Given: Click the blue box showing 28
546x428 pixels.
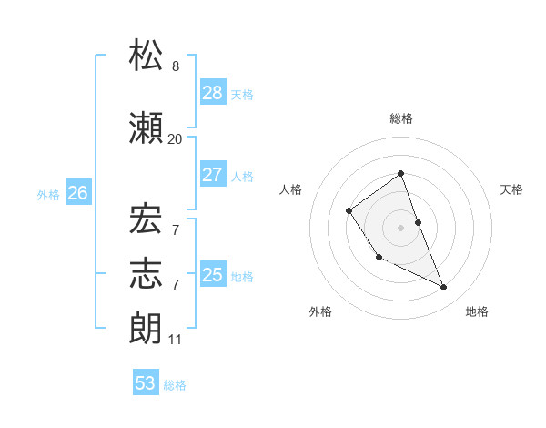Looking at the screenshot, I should pos(213,92).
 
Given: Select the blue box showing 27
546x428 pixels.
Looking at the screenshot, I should pos(213,175).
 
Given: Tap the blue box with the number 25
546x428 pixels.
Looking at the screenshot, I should pos(213,274).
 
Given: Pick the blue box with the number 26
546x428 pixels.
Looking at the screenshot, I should pos(77,192).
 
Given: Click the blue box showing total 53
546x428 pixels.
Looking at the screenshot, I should pos(146,383).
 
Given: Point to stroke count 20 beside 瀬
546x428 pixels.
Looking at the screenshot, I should pos(175,138).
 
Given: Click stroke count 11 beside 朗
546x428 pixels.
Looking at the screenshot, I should pos(175,339).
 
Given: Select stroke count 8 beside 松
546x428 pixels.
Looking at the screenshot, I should pos(175,66).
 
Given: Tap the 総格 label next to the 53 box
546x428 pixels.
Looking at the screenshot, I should pos(175,385).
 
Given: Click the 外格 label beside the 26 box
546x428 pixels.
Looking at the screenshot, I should pos(48,194).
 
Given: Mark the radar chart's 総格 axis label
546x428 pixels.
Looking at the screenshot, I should pos(400,118).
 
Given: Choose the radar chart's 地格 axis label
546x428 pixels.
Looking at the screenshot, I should pos(477,311).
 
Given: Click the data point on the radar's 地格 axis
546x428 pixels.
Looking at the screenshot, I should pos(444,288).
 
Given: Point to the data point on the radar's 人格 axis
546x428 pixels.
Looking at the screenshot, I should pos(349,211).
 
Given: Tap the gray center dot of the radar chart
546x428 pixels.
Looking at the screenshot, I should pos(400,227).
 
